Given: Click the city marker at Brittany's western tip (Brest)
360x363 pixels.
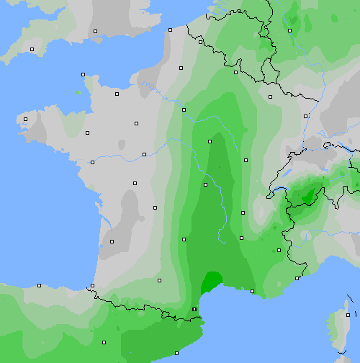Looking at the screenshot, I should (25, 120).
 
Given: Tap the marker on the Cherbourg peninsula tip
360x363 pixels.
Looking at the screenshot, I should (83, 74).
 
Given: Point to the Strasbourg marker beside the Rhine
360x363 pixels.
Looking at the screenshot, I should (306, 115).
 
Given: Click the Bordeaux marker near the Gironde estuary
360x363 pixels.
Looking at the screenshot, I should (112, 241).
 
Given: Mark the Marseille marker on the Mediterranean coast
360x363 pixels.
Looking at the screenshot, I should (252, 291).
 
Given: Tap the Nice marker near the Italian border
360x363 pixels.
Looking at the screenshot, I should (297, 278).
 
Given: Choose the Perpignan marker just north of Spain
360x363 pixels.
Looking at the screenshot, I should (194, 310).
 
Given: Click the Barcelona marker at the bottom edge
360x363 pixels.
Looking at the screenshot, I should (177, 353).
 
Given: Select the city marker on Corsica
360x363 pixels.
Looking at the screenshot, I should (348, 315).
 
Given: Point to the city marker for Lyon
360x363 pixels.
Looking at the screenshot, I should (242, 212).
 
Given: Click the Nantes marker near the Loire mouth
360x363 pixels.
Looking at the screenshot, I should (92, 162).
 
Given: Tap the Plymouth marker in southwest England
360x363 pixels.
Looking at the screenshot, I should (32, 49).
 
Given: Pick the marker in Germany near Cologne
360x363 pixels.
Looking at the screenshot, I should (289, 30).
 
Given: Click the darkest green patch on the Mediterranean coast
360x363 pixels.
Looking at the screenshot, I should (212, 280).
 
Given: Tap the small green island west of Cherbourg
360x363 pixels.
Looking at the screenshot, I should (77, 92).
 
